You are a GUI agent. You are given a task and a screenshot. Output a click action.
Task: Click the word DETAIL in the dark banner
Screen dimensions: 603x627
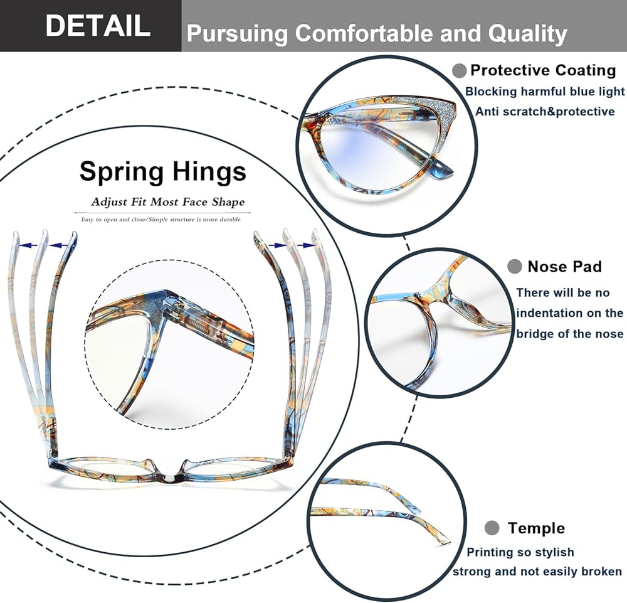click(x=98, y=26)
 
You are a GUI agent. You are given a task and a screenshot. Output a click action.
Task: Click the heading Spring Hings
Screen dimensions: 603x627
click(x=163, y=171)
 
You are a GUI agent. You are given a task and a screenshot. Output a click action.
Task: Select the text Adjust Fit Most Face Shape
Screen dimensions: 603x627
click(x=167, y=202)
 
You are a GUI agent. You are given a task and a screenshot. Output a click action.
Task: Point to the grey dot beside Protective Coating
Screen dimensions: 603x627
click(x=460, y=70)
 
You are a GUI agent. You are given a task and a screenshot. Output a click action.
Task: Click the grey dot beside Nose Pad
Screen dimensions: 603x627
click(x=515, y=267)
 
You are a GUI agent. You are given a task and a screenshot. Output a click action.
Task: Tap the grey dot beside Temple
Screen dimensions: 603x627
click(x=492, y=528)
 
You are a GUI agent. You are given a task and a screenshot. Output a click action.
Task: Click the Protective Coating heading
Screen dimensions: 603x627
click(x=543, y=70)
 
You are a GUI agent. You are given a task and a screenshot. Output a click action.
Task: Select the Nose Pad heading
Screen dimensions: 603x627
click(x=564, y=267)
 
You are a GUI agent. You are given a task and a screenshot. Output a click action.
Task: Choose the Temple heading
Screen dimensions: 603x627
click(x=536, y=528)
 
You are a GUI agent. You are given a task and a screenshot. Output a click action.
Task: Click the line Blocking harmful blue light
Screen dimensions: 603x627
click(x=545, y=92)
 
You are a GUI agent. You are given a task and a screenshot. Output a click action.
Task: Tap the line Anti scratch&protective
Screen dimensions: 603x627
click(x=544, y=112)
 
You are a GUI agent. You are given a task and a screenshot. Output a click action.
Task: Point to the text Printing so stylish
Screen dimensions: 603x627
click(x=520, y=552)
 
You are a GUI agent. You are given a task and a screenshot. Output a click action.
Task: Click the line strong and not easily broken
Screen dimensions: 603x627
click(x=537, y=571)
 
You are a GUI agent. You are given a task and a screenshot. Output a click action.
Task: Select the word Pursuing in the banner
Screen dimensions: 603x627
click(x=238, y=33)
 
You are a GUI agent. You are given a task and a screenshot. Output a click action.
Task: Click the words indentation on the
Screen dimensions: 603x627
click(x=570, y=313)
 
